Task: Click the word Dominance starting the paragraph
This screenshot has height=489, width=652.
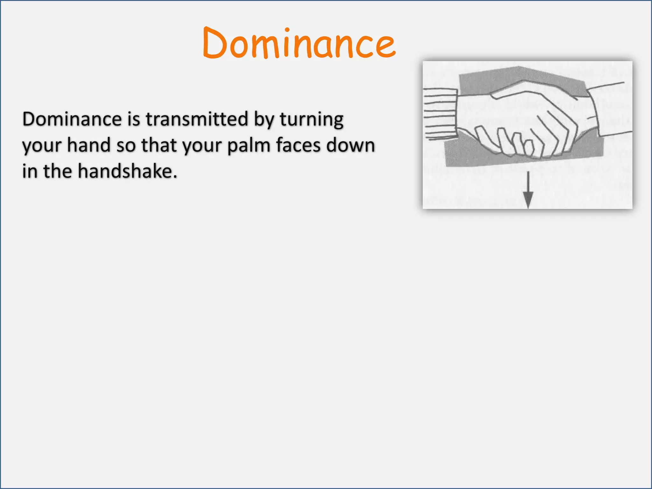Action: tap(72, 119)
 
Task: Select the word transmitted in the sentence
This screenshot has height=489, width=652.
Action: tap(197, 119)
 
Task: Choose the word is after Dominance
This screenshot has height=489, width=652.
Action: tap(134, 119)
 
